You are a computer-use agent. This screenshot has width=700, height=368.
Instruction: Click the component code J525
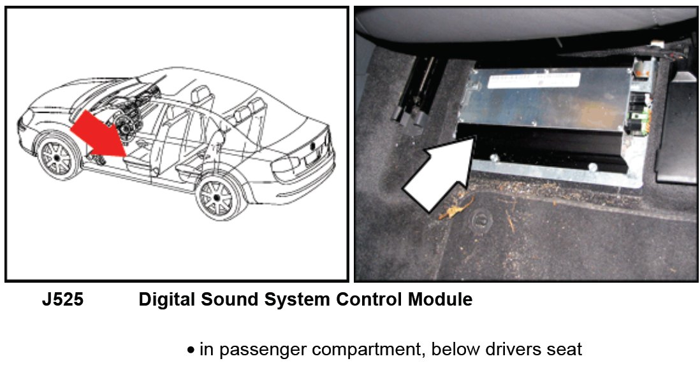62,300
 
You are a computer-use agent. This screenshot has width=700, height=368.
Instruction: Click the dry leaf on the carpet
455,208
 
